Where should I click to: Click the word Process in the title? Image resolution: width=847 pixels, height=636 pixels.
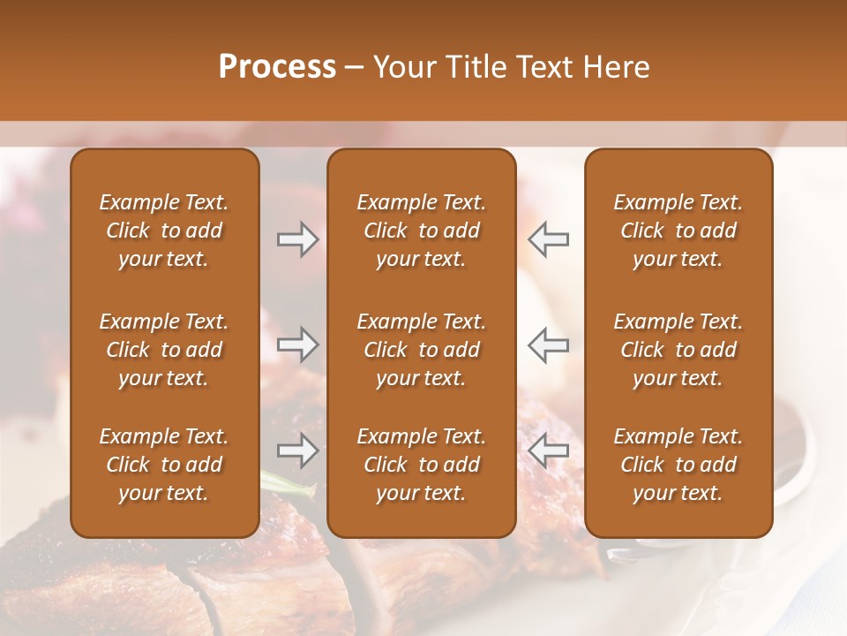[277, 67]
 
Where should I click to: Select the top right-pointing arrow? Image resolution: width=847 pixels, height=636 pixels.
[297, 239]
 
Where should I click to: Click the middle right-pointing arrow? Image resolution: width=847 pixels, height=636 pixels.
[297, 345]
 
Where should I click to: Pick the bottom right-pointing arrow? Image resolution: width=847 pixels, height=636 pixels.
[297, 451]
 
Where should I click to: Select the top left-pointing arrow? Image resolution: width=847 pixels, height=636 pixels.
[549, 239]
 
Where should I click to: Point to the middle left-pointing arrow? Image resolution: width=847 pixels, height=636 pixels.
[549, 345]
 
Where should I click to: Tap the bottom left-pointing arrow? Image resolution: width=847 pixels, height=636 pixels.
[549, 451]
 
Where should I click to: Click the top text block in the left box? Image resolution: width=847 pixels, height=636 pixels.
[164, 231]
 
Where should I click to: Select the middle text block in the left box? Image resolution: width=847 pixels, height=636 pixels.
[164, 350]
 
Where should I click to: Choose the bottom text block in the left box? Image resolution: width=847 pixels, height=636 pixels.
[164, 465]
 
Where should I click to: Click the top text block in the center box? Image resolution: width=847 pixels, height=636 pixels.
[421, 231]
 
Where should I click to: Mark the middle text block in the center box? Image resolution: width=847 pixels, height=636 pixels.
[421, 350]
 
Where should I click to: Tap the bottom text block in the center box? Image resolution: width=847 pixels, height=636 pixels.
[421, 465]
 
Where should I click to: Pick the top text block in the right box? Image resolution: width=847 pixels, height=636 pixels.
[678, 231]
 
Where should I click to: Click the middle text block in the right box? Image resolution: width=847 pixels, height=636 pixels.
[678, 350]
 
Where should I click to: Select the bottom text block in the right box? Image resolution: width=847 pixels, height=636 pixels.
[678, 465]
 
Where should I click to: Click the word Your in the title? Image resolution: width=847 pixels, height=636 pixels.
[402, 67]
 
